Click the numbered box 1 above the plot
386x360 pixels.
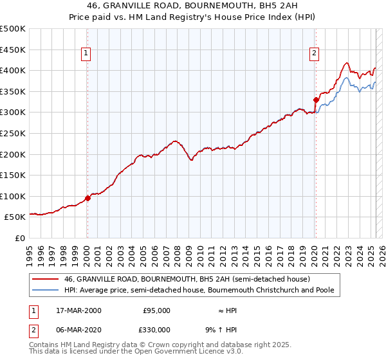(86, 54)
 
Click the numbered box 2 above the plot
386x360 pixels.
(315, 54)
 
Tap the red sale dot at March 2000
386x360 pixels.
(88, 198)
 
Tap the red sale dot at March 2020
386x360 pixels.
(316, 100)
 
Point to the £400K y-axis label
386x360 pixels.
(13, 70)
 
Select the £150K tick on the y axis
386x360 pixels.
(13, 175)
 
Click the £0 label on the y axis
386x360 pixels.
(20, 238)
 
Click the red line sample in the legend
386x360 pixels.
(45, 279)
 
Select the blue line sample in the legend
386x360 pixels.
(45, 291)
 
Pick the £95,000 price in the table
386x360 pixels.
(155, 310)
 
